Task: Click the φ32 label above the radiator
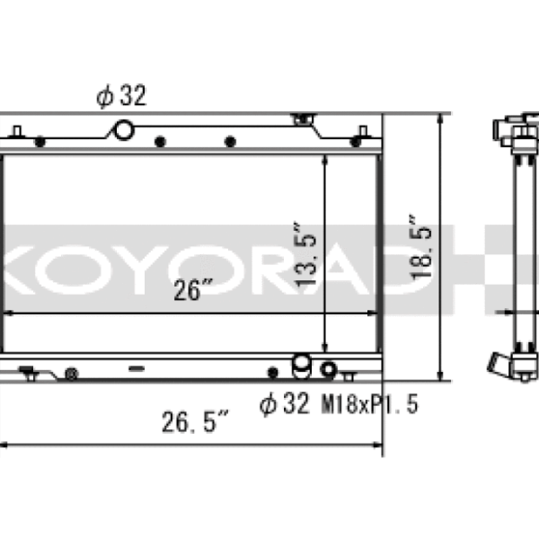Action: [121, 96]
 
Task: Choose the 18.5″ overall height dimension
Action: [425, 247]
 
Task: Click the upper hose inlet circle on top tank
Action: [122, 131]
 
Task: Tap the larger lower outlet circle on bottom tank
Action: [303, 365]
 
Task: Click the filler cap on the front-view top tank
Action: [303, 118]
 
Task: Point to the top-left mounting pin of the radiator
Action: [17, 134]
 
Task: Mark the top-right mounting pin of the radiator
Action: [362, 134]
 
